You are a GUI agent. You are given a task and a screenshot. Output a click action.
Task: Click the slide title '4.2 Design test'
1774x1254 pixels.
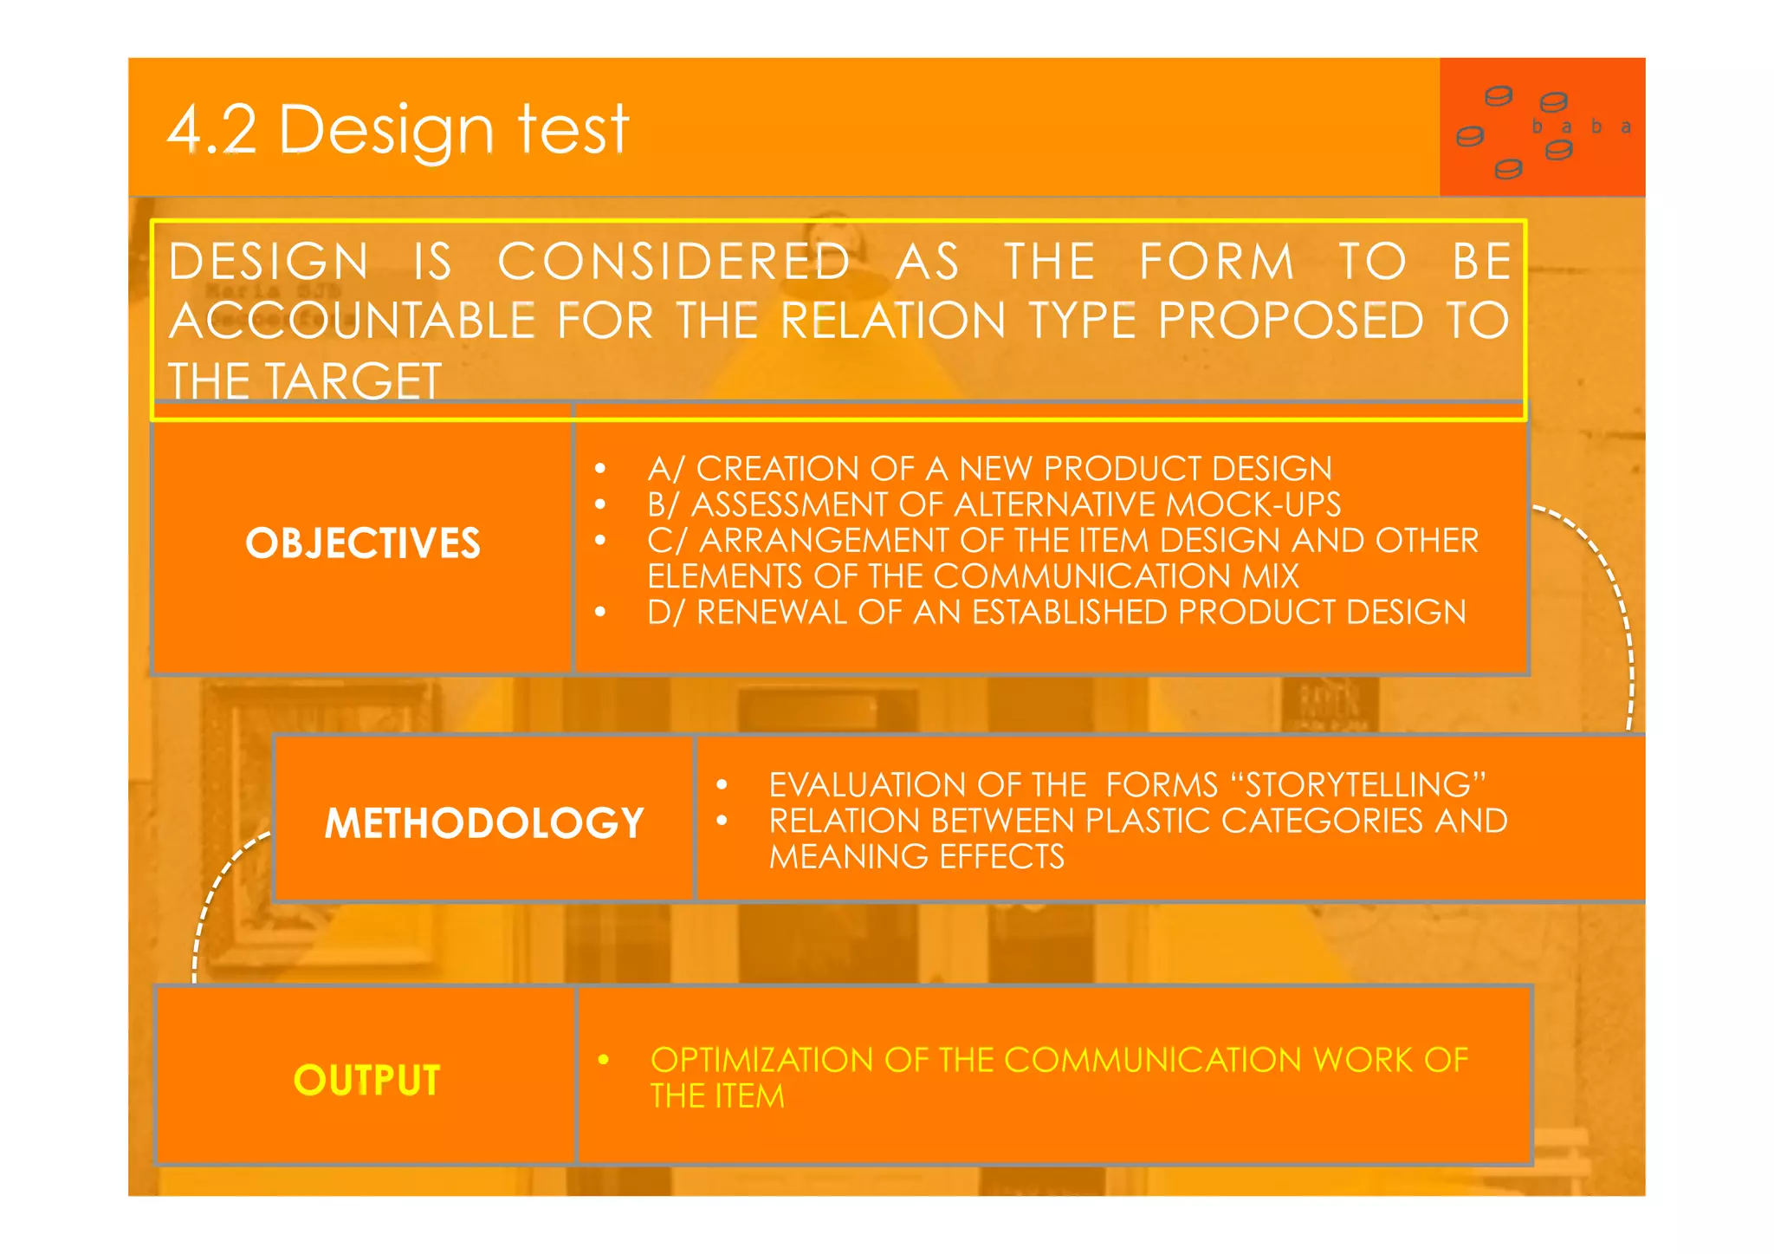(x=398, y=130)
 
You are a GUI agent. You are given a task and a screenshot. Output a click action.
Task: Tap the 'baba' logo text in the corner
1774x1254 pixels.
(x=1581, y=127)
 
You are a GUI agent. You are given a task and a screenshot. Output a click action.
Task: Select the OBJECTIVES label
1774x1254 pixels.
(x=363, y=543)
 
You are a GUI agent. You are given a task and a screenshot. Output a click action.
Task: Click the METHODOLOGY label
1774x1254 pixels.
(x=484, y=822)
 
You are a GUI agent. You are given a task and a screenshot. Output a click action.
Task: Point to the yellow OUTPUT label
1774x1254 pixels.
(x=367, y=1080)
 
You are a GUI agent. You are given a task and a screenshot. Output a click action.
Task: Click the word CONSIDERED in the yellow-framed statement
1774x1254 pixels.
(x=674, y=262)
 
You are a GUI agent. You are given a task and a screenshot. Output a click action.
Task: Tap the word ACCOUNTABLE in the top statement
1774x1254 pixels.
(x=352, y=322)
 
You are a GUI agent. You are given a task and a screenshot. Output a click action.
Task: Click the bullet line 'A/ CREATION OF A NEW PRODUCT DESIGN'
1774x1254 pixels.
(x=989, y=469)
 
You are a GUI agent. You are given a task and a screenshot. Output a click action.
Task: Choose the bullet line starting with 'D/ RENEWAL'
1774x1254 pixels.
(x=1056, y=613)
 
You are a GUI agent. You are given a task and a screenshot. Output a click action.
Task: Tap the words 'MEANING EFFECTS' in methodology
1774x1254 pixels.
(x=916, y=857)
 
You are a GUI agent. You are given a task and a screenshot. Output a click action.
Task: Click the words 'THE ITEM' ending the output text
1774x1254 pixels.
(x=717, y=1096)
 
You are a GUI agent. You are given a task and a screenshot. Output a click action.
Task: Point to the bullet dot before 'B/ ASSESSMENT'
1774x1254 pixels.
(x=600, y=504)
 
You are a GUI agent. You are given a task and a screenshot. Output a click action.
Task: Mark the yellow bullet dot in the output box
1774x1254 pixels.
(x=604, y=1060)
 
